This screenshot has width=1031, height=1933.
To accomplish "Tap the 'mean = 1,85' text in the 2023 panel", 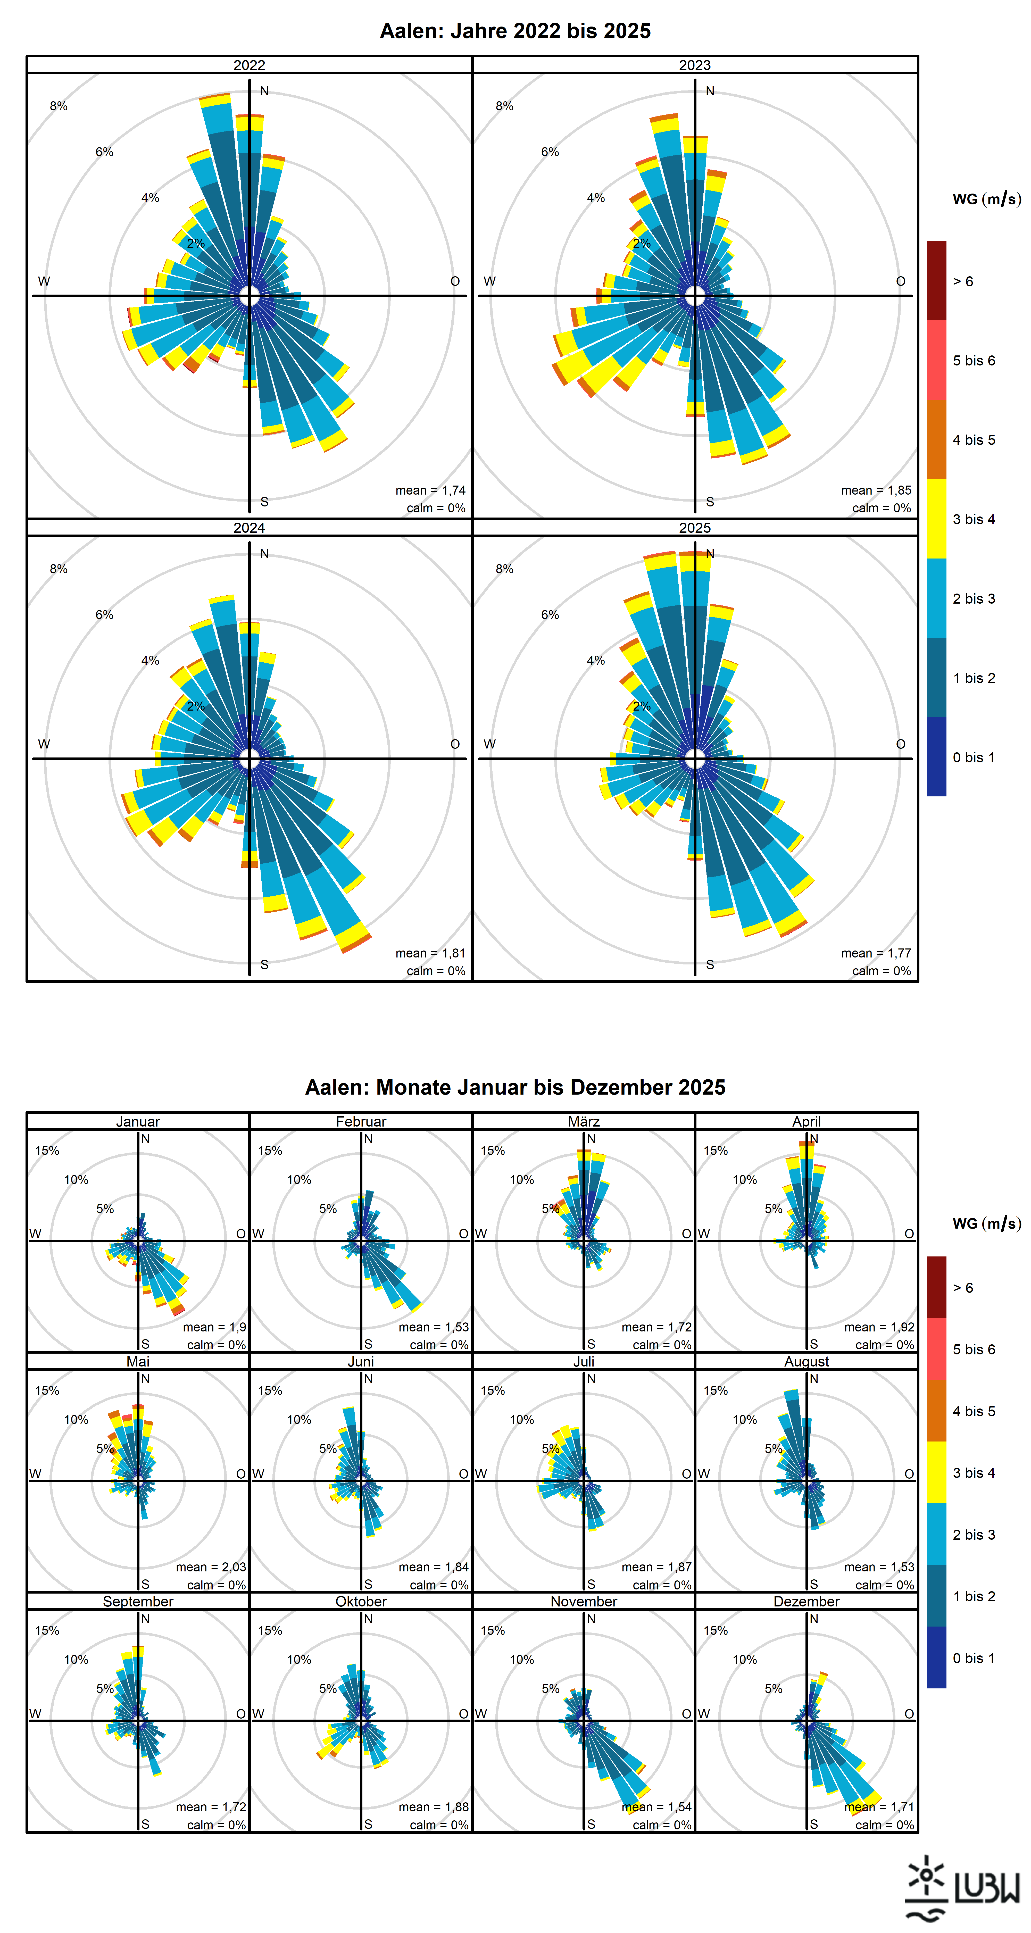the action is pos(876,490).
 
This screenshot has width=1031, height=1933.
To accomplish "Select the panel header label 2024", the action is pos(249,528).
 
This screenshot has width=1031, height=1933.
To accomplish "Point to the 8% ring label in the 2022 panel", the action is pos(59,106).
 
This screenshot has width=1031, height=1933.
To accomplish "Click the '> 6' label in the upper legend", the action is pos(963,281).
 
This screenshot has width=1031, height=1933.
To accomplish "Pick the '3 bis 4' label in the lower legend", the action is pos(974,1473).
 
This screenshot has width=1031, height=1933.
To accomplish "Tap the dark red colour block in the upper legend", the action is pos(936,281).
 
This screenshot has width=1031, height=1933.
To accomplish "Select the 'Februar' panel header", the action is pos(361,1121).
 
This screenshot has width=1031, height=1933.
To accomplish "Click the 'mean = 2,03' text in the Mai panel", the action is pos(211,1567).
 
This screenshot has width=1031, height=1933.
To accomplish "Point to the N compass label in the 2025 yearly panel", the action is pos(710,554).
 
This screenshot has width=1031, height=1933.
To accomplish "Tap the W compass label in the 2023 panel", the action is pos(489,281).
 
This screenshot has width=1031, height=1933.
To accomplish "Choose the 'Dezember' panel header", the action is pos(807,1601).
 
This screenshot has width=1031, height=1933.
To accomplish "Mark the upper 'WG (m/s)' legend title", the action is pos(987,199).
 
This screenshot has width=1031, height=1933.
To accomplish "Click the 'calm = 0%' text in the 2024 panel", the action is pos(436,971).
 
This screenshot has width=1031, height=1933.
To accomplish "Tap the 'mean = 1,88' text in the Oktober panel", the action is pos(434,1807).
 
